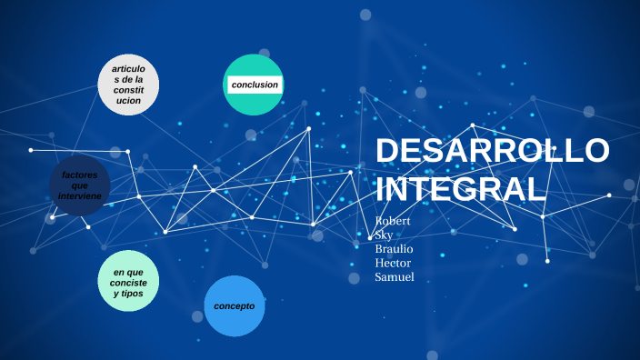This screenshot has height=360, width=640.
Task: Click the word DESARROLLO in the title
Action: click(x=492, y=152)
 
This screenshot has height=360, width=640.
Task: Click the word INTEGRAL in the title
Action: click(x=461, y=189)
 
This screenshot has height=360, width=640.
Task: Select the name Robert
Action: click(x=393, y=221)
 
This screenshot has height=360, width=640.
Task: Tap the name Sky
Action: click(x=384, y=235)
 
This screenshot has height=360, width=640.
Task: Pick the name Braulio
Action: click(x=394, y=249)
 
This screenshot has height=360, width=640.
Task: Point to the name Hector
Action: click(x=393, y=264)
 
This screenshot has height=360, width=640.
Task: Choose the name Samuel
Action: click(x=394, y=277)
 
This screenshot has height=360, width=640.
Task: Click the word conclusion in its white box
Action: click(x=255, y=85)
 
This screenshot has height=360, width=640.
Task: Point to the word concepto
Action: click(x=235, y=305)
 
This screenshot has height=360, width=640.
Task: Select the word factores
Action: click(x=80, y=174)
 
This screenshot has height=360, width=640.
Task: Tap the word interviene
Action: click(x=80, y=195)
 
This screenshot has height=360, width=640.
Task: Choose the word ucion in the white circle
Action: click(x=128, y=100)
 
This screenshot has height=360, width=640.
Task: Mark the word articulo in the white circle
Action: click(x=127, y=69)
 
